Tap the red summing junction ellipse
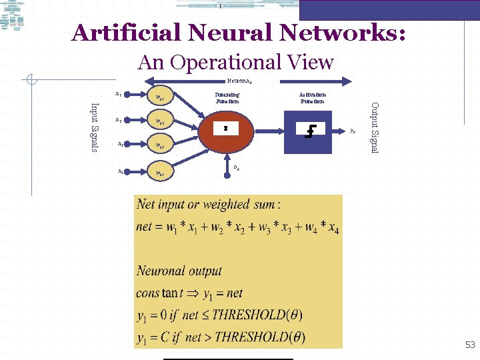coord(227,131)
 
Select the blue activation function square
coord(309,131)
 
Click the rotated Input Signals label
coord(95,127)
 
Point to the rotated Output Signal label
coord(374,127)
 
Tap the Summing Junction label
coord(227,98)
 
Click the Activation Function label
coord(312,98)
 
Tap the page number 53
coord(470,345)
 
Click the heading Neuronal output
coord(179,271)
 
